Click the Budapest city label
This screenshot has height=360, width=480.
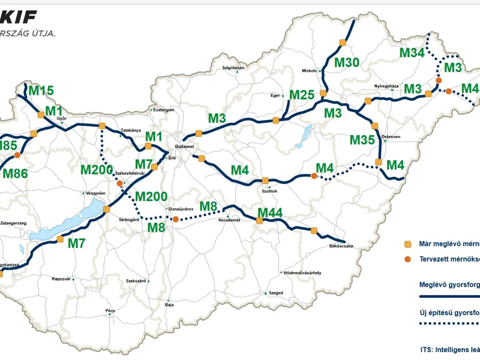pos(185,147)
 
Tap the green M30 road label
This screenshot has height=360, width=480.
pos(347,62)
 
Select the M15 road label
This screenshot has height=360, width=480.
pos(41,91)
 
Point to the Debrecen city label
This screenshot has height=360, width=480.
pos(391,137)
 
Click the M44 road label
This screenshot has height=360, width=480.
pos(270,213)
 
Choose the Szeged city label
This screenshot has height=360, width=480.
pos(276,293)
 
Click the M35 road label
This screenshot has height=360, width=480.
pos(362,140)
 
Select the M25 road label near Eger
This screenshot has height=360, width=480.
pos(302,95)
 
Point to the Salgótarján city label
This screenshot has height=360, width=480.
pos(233,68)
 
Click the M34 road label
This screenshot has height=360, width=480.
pos(412,52)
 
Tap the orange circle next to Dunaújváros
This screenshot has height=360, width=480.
pos(175,219)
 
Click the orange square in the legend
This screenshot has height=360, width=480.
pos(408,244)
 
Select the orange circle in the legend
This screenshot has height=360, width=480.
pos(408,259)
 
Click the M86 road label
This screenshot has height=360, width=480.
pos(15,173)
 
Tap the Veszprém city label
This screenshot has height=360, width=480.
pos(96,193)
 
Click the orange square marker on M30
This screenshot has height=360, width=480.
pos(342,42)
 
